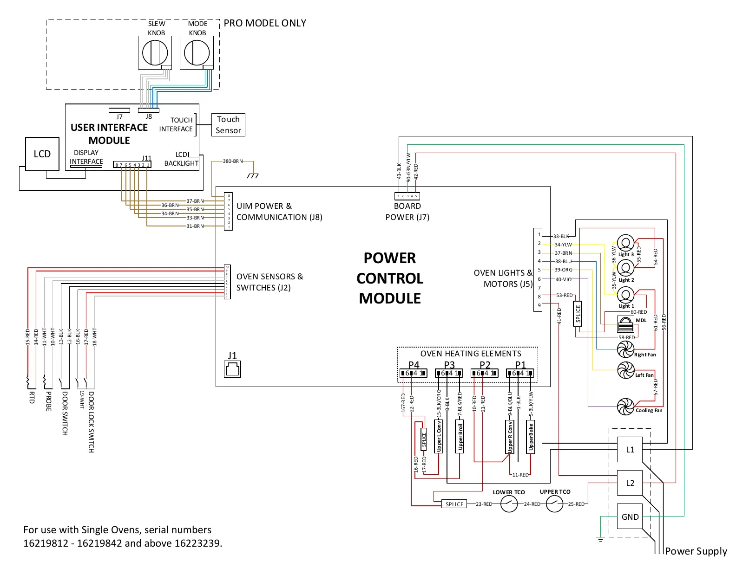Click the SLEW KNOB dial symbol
155,52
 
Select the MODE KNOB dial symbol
197,52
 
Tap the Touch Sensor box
228,125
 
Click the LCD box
42,154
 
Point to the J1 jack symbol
232,369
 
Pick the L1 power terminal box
630,449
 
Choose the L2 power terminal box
630,483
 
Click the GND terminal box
630,517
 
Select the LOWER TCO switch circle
509,504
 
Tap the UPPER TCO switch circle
554,504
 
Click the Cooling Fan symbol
625,407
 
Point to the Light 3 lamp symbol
625,243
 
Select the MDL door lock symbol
625,323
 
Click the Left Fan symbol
625,370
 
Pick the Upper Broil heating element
460,436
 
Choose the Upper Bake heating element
531,436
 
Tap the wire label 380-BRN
233,161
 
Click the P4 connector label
414,365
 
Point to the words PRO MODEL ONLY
265,23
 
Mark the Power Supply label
696,551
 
